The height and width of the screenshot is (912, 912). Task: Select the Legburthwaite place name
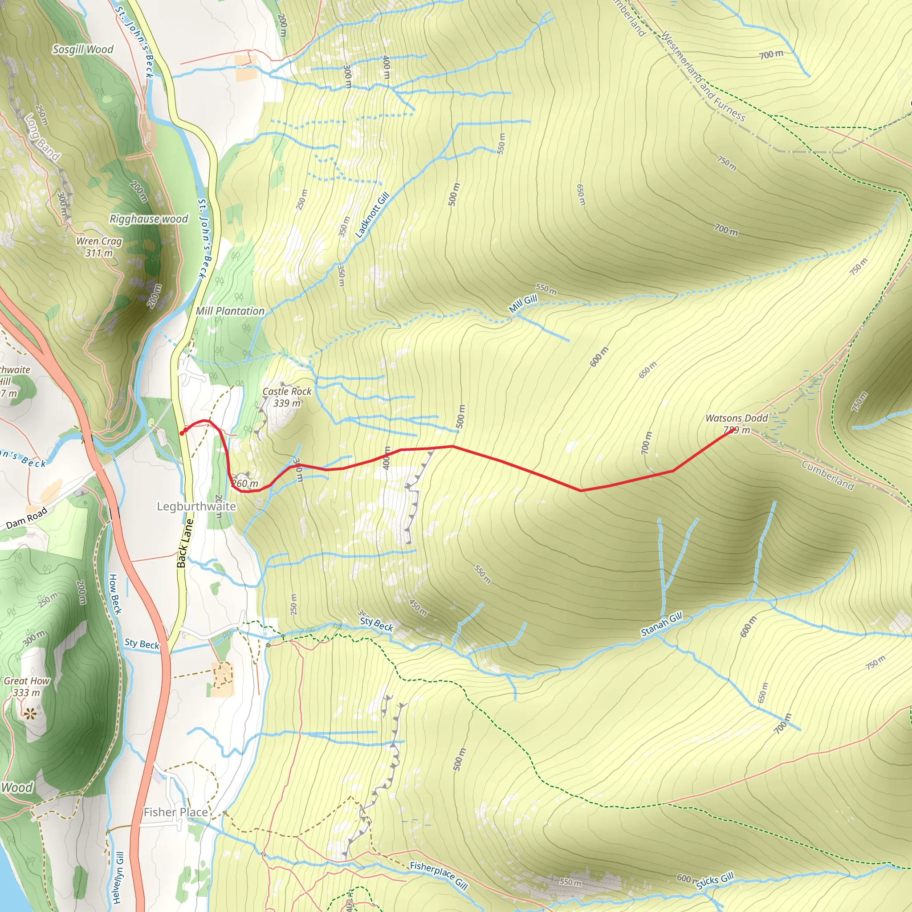pyautogui.click(x=196, y=506)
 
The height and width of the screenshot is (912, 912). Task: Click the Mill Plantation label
pyautogui.click(x=230, y=311)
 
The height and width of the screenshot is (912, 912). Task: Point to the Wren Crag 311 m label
pyautogui.click(x=99, y=247)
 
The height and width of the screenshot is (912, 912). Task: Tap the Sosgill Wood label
pyautogui.click(x=83, y=49)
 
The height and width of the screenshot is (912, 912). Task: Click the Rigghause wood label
pyautogui.click(x=149, y=219)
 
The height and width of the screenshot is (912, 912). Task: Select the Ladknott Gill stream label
pyautogui.click(x=372, y=215)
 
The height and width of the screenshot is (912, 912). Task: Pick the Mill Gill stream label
pyautogui.click(x=523, y=304)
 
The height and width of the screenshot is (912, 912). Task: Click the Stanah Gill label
pyautogui.click(x=661, y=624)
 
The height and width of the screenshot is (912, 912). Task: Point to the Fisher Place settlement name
pyautogui.click(x=175, y=812)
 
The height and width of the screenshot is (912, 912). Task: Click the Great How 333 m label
pyautogui.click(x=26, y=687)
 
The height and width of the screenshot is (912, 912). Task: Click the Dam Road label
pyautogui.click(x=27, y=518)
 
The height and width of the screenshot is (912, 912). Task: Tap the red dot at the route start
pyautogui.click(x=182, y=433)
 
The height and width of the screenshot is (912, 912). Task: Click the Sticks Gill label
pyautogui.click(x=715, y=880)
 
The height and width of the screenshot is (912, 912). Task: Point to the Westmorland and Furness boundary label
pyautogui.click(x=703, y=77)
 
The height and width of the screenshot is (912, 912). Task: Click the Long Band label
pyautogui.click(x=42, y=137)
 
